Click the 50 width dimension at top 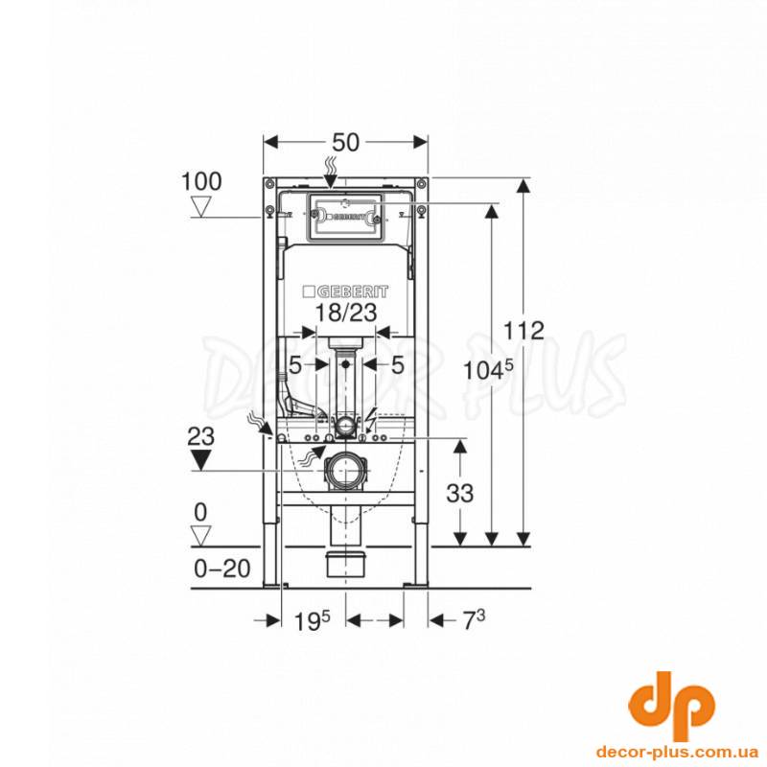346,142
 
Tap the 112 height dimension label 523,331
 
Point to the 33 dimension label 460,493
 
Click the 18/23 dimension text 345,313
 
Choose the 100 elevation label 201,181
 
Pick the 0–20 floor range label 222,569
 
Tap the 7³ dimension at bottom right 474,620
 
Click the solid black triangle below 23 200,460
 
